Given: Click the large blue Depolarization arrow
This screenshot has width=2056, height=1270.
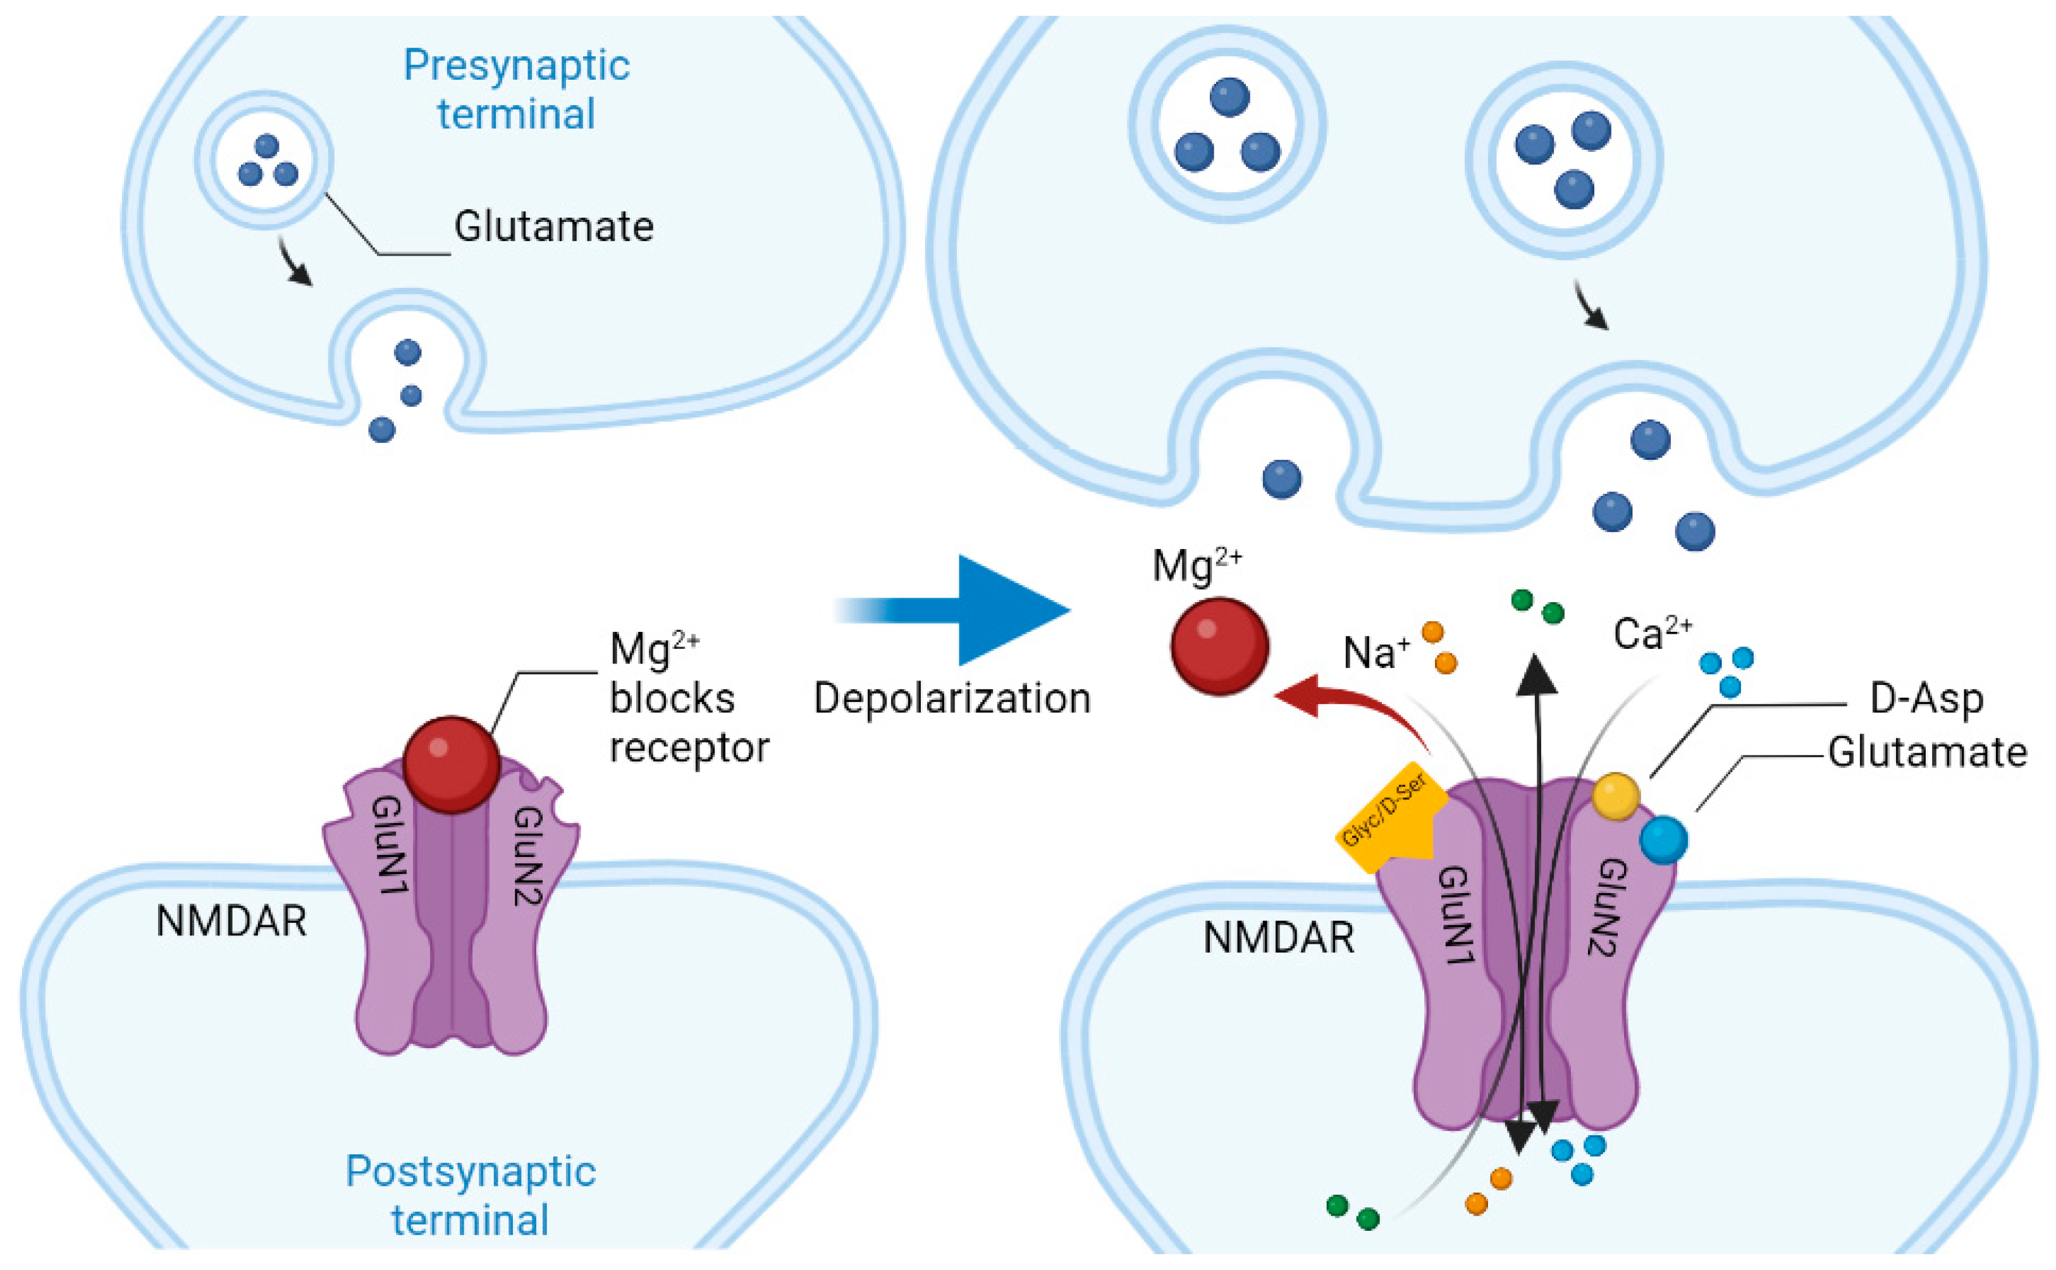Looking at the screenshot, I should pyautogui.click(x=991, y=610).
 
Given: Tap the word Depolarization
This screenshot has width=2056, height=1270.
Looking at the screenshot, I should pyautogui.click(x=952, y=699).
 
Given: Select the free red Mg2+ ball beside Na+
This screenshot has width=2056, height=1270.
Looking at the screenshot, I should pyautogui.click(x=1219, y=646).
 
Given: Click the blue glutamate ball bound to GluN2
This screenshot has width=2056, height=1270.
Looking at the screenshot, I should pyautogui.click(x=1663, y=840).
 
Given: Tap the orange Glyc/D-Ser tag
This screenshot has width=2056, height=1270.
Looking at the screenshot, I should pyautogui.click(x=1390, y=819).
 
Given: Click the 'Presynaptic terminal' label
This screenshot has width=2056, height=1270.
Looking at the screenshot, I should pyautogui.click(x=517, y=89).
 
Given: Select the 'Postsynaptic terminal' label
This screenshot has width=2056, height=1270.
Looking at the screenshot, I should pyautogui.click(x=471, y=1194).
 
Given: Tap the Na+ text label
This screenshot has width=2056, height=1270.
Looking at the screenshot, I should pyautogui.click(x=1376, y=653).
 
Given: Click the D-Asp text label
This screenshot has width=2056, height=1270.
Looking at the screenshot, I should pyautogui.click(x=1926, y=699).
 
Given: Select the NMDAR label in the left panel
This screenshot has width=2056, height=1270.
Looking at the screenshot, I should pyautogui.click(x=231, y=922).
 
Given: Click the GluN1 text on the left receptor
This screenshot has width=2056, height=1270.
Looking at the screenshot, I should pyautogui.click(x=391, y=844).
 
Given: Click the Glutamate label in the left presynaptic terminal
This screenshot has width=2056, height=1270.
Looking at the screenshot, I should pyautogui.click(x=553, y=227).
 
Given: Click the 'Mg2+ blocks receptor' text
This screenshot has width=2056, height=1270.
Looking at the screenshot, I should pyautogui.click(x=687, y=699).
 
